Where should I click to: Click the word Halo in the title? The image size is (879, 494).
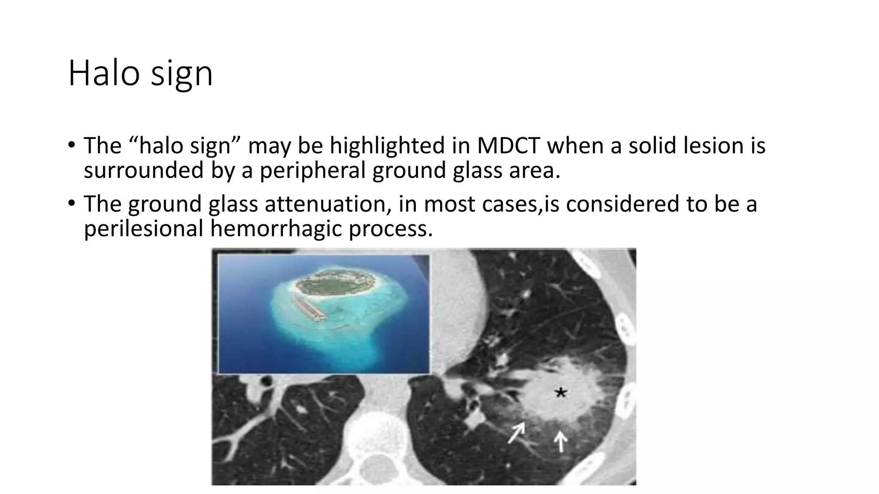[103, 73]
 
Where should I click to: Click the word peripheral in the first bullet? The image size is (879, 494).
[312, 171]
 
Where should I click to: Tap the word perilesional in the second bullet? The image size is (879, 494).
[143, 229]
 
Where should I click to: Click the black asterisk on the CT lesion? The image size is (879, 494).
[561, 392]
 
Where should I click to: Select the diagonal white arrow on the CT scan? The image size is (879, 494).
[516, 432]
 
